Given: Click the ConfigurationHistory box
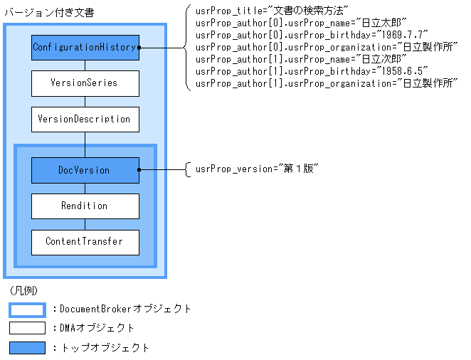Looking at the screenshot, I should pos(85,48).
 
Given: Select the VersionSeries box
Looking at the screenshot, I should pos(85,83).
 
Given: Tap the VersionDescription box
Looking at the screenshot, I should pos(85,119).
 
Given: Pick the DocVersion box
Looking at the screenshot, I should pos(85,170).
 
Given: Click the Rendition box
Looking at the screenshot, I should pos(85,206).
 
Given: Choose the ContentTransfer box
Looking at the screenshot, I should pos(85,242).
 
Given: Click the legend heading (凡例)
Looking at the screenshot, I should pos(24,292).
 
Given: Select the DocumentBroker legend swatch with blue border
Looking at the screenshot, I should pos(27,309).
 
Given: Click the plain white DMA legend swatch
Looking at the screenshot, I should pos(27,329).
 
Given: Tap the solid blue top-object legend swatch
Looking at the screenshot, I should pos(27,348).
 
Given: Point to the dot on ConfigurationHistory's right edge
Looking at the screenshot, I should pos(139,48).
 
